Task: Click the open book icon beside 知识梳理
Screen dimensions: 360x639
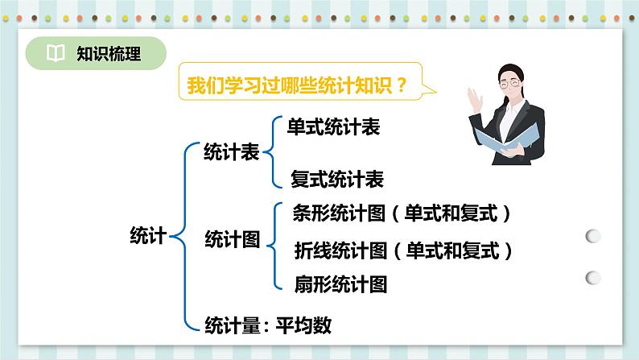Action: (x=56, y=54)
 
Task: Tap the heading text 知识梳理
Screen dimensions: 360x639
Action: (x=109, y=54)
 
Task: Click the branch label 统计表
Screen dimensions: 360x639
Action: (x=232, y=151)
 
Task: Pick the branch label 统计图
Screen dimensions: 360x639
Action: (x=232, y=238)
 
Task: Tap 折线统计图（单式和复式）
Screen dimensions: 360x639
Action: (x=404, y=250)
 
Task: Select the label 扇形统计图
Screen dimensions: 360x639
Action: (x=341, y=283)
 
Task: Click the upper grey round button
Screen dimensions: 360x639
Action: (x=593, y=236)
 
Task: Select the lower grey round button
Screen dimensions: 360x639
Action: (x=593, y=276)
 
